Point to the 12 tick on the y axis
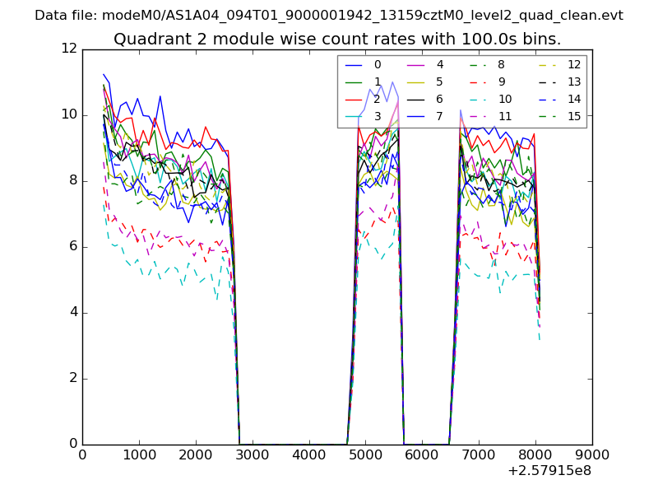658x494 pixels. (69, 49)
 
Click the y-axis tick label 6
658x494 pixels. (72, 247)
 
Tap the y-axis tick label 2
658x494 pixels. (72, 379)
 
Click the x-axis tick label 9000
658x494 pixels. (592, 454)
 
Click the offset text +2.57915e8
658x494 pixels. (550, 471)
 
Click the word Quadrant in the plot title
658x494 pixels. (146, 40)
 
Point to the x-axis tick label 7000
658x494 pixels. (479, 454)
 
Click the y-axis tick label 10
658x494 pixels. (69, 115)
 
